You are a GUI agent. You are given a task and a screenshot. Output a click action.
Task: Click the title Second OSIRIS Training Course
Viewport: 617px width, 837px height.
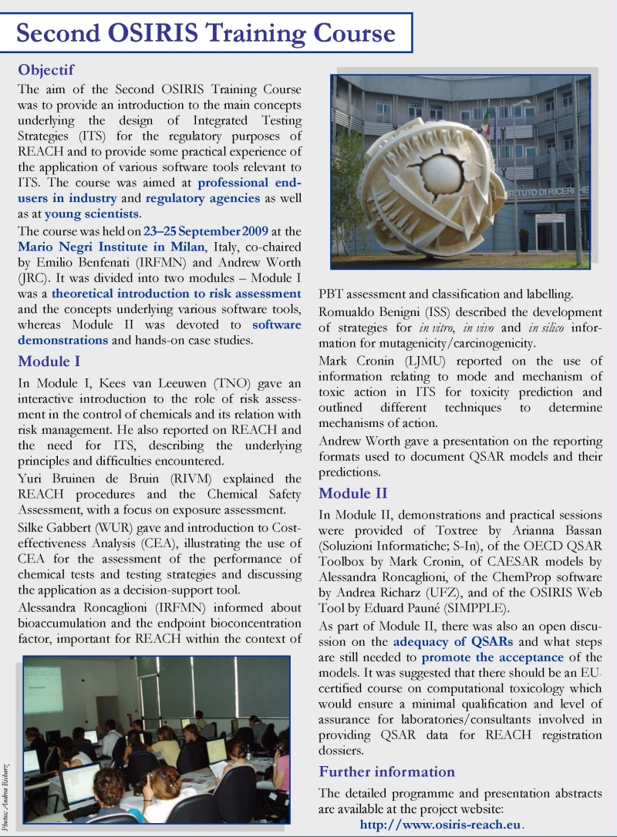206,33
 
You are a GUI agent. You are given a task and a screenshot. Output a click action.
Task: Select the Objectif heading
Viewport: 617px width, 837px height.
46,70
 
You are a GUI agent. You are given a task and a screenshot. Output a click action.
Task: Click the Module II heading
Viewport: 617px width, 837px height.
353,493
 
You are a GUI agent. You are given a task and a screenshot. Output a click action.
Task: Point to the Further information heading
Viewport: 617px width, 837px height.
386,771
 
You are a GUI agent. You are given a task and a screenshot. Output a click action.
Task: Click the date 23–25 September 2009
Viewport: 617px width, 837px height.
206,230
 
